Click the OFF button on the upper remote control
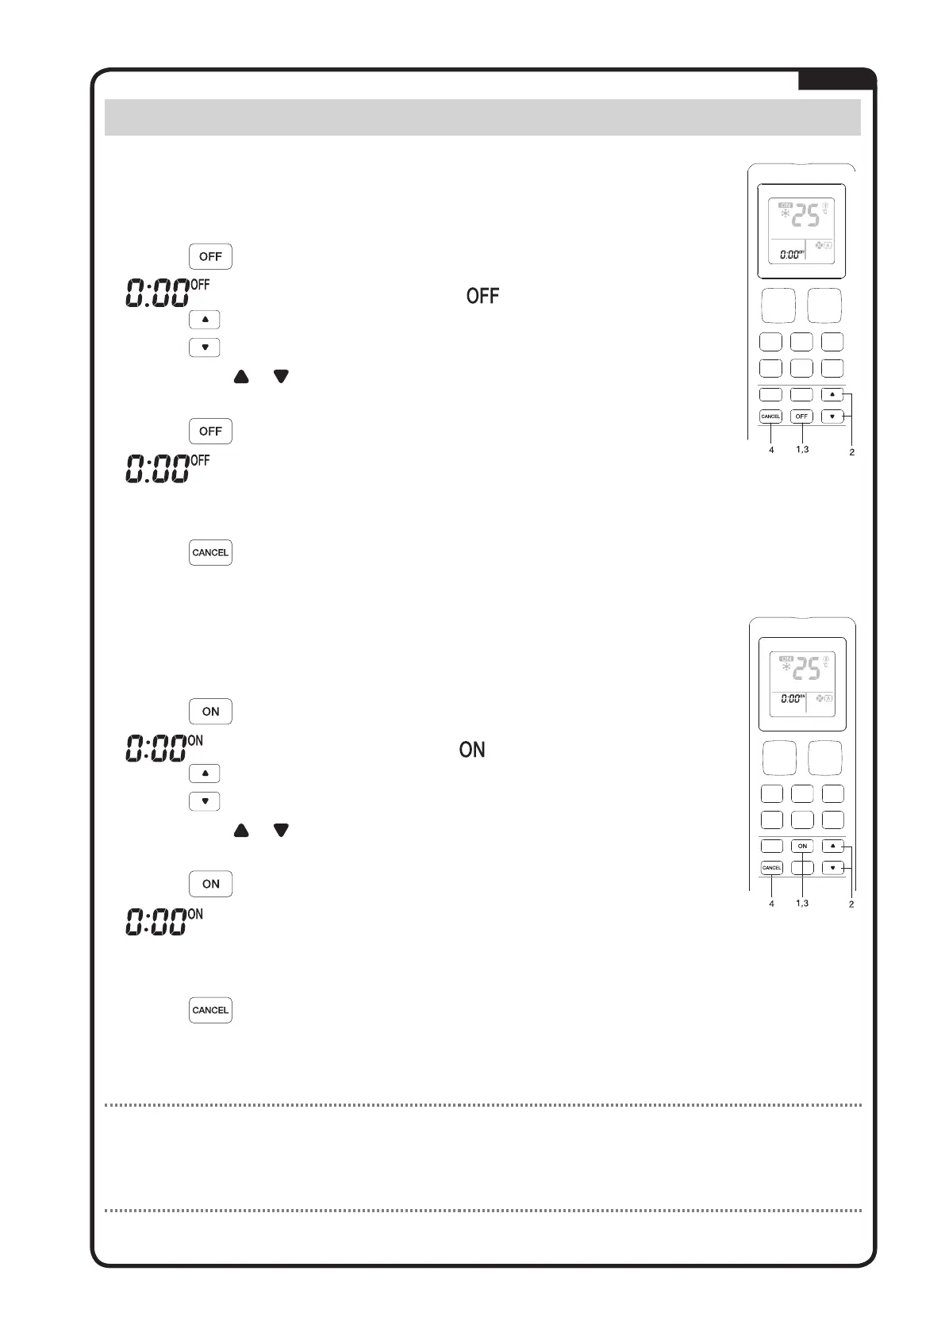point(801,417)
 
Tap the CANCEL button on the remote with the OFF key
point(770,417)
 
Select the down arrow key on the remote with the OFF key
point(832,417)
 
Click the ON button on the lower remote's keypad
point(802,847)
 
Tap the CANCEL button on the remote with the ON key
point(772,868)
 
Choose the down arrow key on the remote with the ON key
point(832,868)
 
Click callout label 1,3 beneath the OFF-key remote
point(801,450)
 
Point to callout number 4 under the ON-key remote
point(771,903)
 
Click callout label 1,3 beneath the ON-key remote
point(802,903)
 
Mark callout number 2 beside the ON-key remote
point(851,904)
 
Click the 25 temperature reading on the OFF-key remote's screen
point(807,216)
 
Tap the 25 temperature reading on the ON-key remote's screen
point(807,669)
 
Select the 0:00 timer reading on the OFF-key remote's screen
point(790,255)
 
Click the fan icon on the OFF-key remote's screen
point(819,246)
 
